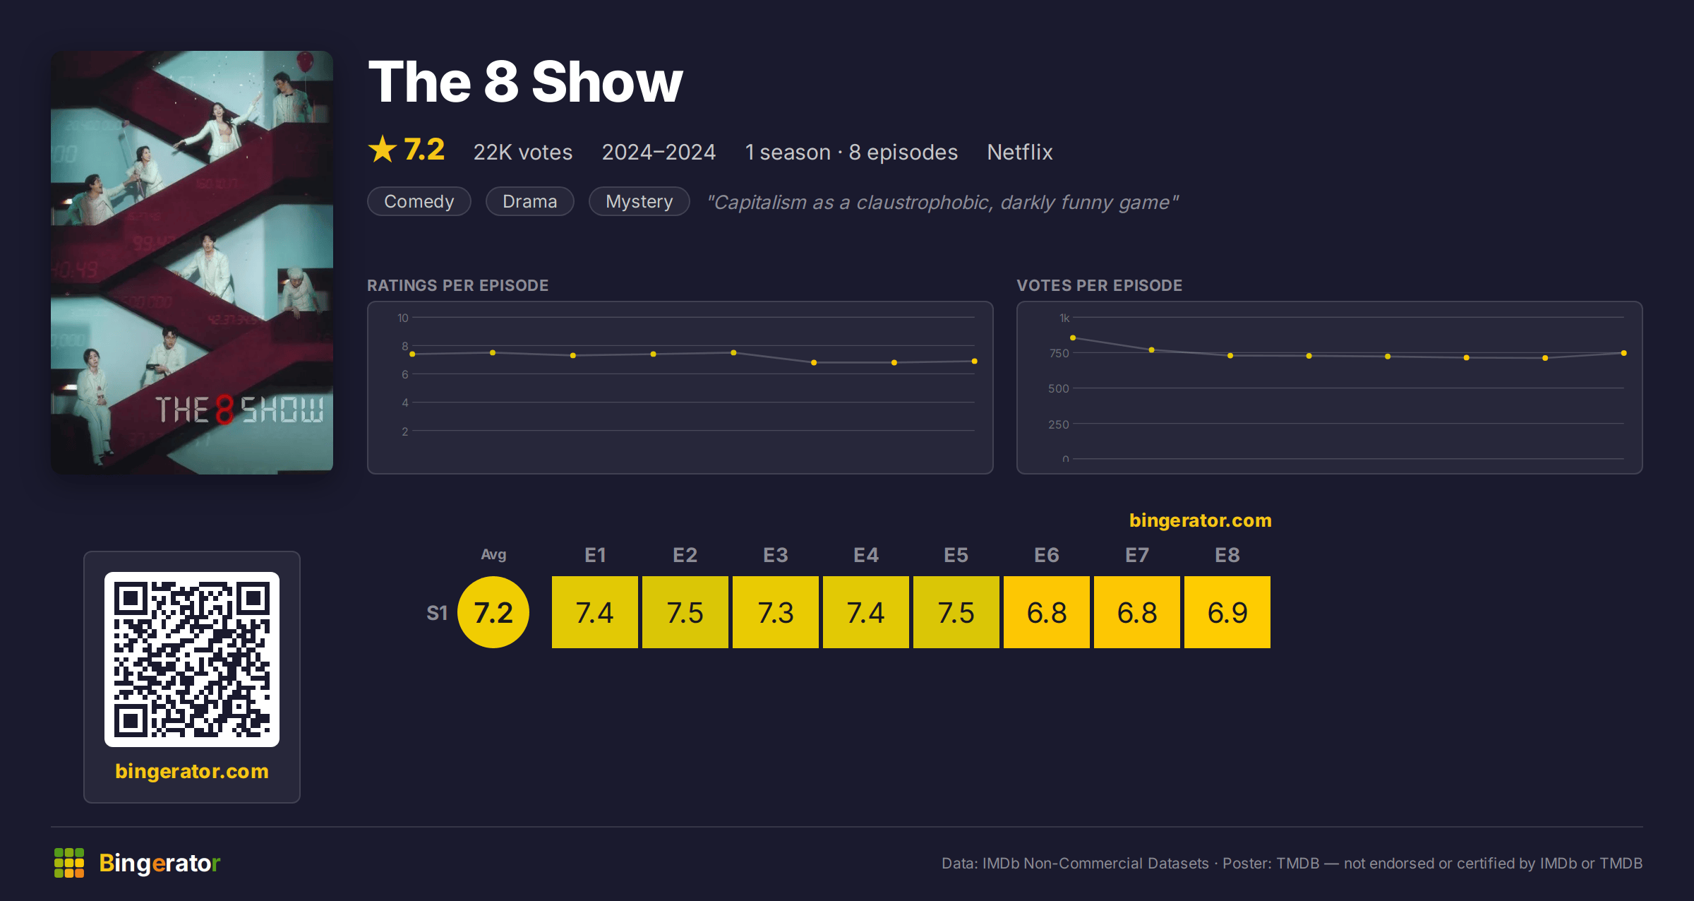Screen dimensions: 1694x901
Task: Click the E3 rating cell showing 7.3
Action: click(775, 612)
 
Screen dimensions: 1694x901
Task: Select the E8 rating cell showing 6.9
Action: click(1227, 612)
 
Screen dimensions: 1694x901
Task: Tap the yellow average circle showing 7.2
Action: click(493, 612)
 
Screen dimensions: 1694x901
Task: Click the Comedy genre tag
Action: click(419, 201)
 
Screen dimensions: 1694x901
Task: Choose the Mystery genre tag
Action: click(639, 201)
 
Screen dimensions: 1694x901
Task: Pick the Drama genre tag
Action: click(530, 201)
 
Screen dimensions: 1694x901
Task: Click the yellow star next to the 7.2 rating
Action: click(383, 149)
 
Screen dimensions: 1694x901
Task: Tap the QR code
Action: click(192, 660)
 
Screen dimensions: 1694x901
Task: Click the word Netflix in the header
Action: click(1020, 152)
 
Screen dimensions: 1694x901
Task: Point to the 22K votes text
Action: click(523, 152)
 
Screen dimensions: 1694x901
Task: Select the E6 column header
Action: click(1046, 555)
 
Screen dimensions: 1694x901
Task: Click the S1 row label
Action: click(437, 613)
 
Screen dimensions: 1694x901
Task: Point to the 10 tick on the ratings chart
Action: click(403, 318)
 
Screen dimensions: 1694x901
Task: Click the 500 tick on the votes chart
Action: click(1059, 388)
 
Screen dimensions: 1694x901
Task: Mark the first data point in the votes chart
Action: click(1073, 338)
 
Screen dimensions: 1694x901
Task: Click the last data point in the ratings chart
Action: click(975, 361)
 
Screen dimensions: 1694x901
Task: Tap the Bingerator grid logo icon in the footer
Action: click(69, 863)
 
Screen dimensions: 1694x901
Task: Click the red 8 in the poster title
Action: click(224, 410)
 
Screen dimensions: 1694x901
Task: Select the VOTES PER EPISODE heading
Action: click(1099, 285)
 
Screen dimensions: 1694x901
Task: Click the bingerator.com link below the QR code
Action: click(192, 771)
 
